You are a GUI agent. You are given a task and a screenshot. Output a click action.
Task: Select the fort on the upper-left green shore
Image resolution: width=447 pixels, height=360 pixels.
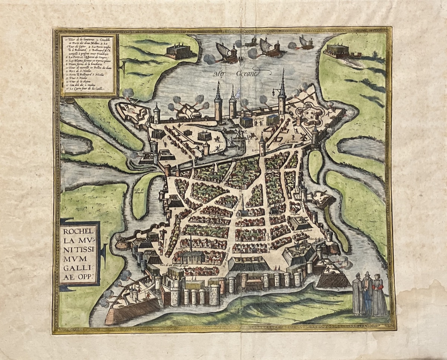[180, 51]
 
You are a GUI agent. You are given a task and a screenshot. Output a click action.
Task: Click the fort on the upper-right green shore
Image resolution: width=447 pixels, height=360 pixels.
[337, 50]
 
